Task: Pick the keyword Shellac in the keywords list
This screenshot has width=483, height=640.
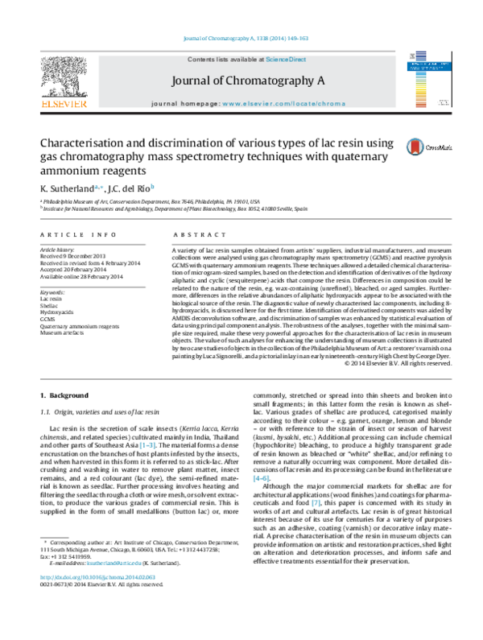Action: tap(50, 305)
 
